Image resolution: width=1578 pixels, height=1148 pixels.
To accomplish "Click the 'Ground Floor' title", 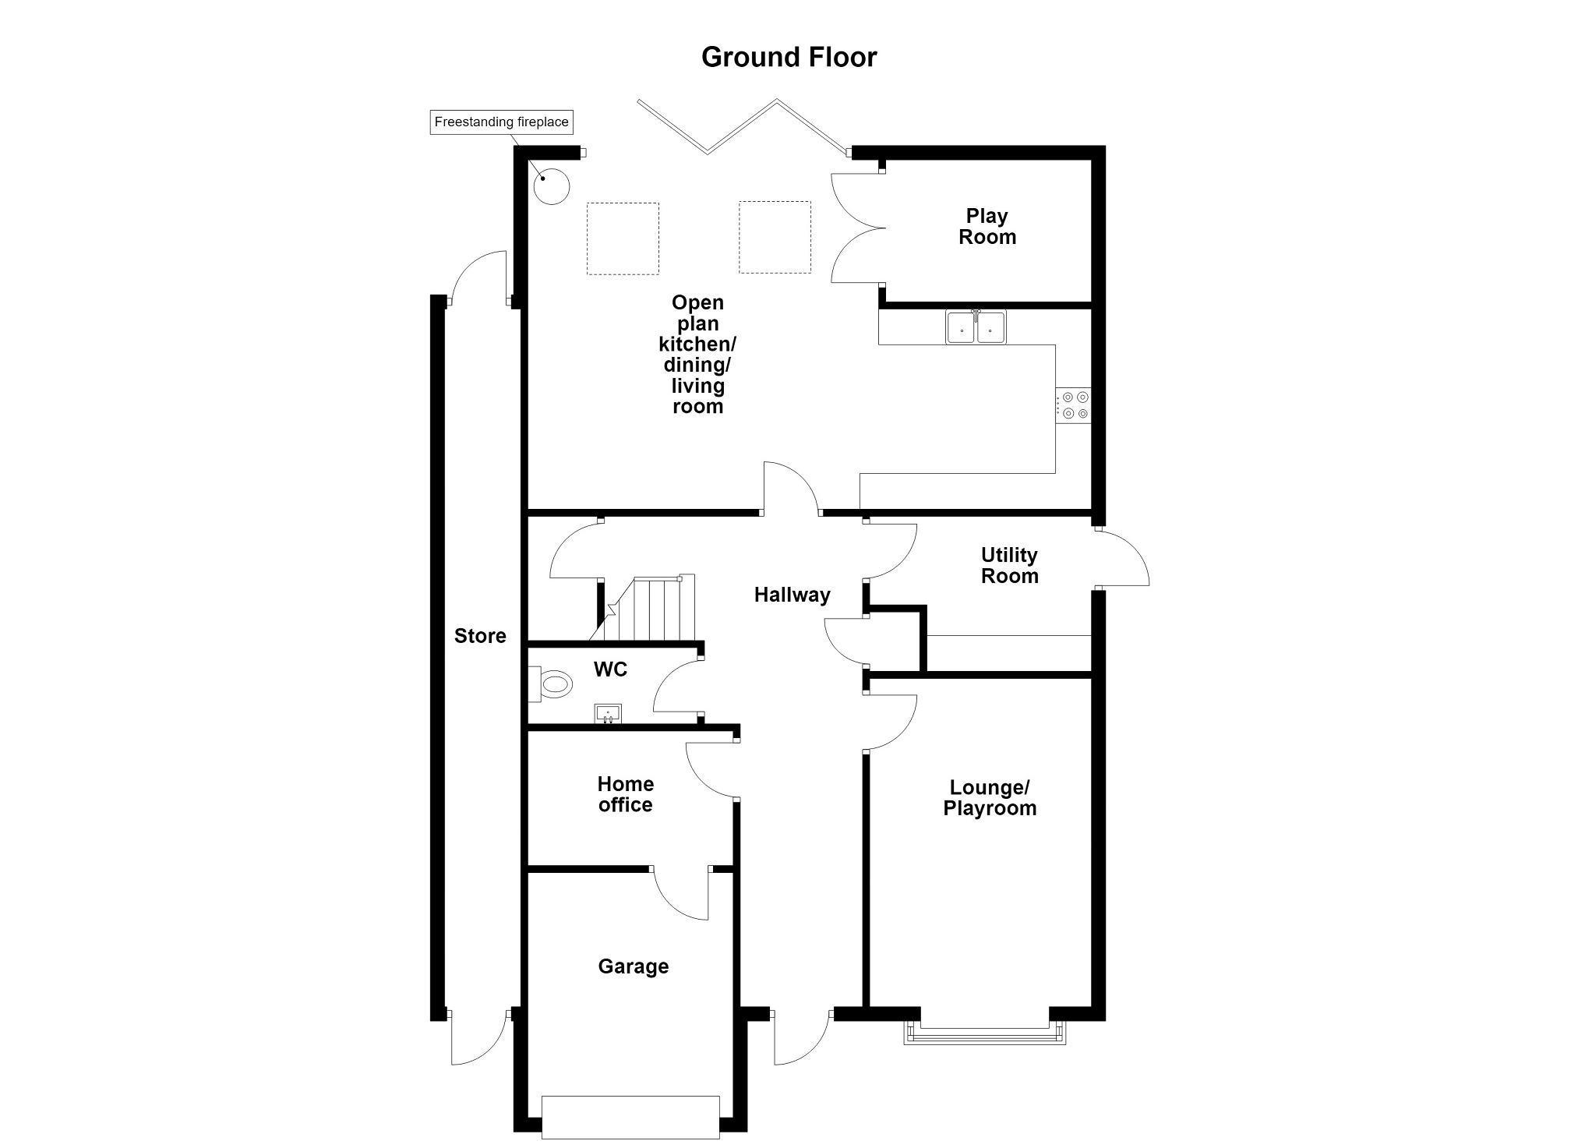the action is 789,57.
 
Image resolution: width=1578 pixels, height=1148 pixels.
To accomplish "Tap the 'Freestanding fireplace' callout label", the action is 502,122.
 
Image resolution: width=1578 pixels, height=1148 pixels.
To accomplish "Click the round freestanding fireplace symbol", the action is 552,186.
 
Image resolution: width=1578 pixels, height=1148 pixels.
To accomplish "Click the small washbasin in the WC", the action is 608,713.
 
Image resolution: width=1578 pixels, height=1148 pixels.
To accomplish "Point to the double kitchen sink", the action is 976,327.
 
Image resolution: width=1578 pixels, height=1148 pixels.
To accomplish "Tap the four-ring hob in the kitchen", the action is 1074,405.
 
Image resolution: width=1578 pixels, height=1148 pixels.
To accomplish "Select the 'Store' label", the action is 480,636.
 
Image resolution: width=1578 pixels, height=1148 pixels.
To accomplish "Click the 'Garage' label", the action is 634,966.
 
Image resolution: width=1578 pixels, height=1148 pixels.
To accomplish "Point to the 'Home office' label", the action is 626,794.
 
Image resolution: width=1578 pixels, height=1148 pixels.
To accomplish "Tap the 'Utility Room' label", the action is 1010,565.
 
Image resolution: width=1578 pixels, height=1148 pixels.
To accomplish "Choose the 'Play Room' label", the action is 987,226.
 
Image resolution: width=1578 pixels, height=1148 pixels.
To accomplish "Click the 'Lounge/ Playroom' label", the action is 990,797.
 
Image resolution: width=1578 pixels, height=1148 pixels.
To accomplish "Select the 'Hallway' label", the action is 793,595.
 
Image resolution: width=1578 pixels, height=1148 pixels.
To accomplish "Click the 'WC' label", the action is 610,669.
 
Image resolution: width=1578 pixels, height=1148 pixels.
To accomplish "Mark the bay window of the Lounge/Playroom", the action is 985,1033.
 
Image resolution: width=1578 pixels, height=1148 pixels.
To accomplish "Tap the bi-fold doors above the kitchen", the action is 743,127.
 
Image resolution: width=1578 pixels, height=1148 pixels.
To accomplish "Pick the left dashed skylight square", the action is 623,238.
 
